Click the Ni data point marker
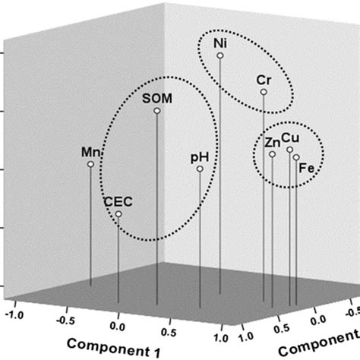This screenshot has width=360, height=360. point(220,55)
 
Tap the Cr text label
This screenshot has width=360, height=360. point(264,80)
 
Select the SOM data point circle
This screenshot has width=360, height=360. point(156,111)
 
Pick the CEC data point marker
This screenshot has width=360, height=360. point(118,214)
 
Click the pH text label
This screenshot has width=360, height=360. point(199,157)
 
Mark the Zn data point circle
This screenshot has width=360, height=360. point(272,155)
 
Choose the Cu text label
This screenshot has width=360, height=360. point(290,138)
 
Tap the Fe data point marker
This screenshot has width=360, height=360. point(296,158)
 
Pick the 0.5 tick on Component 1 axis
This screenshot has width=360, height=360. point(171,331)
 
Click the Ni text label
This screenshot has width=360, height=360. point(220,43)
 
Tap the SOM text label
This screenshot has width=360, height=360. point(157,98)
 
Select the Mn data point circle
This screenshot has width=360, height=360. point(90,164)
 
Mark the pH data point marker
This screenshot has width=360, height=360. point(200,169)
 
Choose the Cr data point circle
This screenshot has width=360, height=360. point(264,92)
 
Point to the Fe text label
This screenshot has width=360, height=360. point(307,168)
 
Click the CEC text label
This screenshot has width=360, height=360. point(118,201)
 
